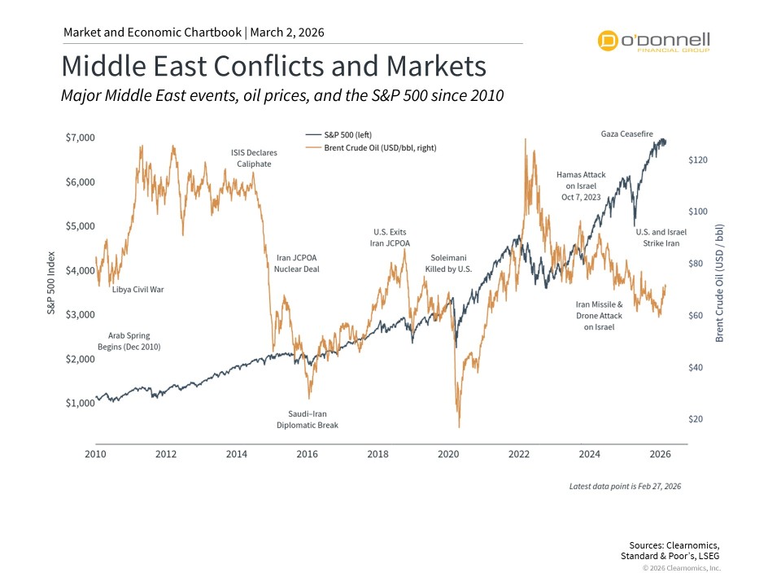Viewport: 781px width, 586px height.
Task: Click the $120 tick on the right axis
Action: pos(699,160)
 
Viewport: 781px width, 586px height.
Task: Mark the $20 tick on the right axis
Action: pos(696,419)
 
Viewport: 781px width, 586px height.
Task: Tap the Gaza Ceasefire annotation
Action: pos(626,133)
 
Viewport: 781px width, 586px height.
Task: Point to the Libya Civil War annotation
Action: pos(137,289)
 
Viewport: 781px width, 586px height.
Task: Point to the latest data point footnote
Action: pos(625,486)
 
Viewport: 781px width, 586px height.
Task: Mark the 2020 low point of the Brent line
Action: pos(459,426)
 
